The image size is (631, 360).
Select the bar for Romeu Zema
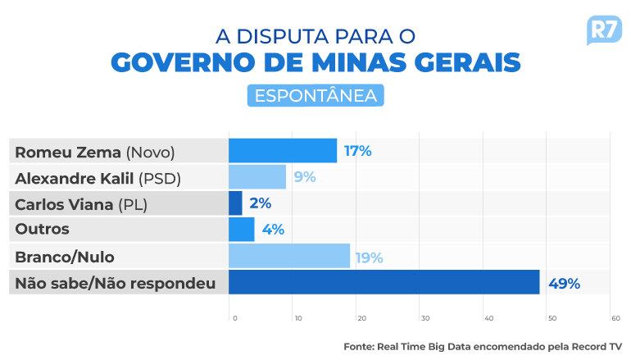coord(283,151)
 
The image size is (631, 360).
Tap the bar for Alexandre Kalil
coord(257,177)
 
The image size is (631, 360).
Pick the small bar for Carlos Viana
coord(235,203)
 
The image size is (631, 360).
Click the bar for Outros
coord(242,230)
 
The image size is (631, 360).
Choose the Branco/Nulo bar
coord(289,256)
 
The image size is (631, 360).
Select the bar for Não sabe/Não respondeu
coord(384,283)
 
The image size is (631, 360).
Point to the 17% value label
coord(358,151)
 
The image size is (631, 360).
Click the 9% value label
coord(304,177)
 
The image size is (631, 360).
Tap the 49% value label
coord(565,284)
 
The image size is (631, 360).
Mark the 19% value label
coord(369,257)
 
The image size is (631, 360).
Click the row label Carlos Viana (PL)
coord(81,204)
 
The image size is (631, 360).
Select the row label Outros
coord(43,230)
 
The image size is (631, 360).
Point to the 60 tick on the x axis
coord(615,318)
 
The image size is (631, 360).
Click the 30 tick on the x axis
coord(424,318)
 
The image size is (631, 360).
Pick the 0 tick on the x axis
coord(234,318)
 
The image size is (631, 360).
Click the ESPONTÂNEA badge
coord(315,95)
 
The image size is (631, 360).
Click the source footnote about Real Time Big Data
coord(483,347)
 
